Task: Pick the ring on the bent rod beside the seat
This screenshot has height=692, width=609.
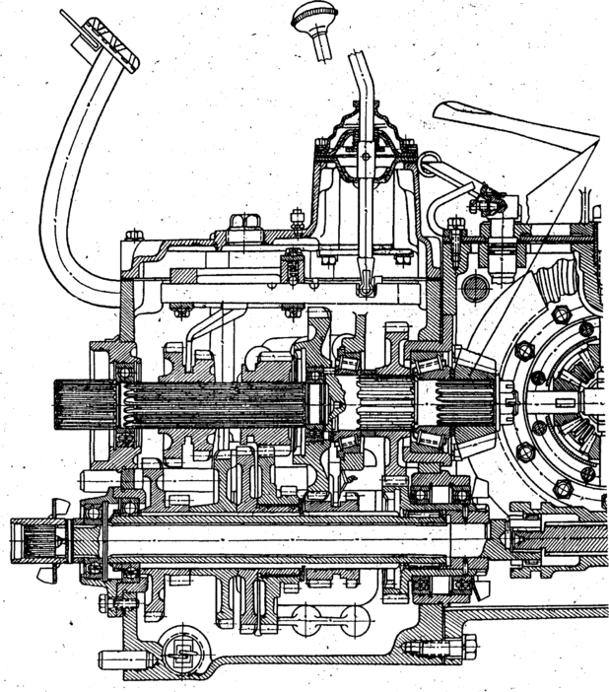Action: coord(430,158)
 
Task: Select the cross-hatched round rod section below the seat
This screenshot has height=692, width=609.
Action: coord(473,288)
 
